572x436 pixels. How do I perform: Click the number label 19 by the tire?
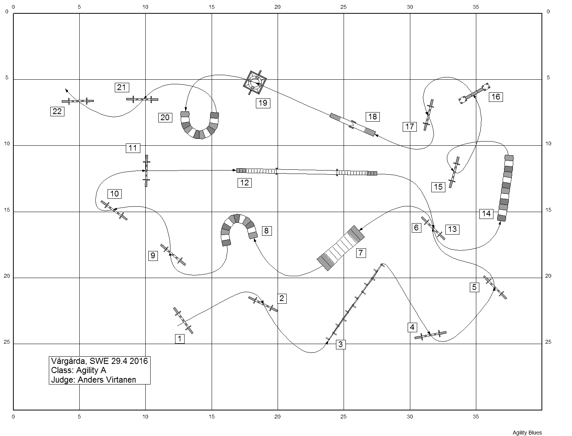263,103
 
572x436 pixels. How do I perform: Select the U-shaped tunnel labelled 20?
199,127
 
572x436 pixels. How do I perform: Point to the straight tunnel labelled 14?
505,188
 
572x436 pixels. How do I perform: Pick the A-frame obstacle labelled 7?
341,248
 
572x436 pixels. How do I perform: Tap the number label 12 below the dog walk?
244,182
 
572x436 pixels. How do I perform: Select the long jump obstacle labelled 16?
474,93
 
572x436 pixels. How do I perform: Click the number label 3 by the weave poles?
341,344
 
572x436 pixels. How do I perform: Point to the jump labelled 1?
183,320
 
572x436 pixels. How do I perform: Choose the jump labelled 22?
78,101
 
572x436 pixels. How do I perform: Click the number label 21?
121,87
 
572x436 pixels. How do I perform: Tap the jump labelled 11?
146,171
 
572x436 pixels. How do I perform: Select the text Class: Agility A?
79,370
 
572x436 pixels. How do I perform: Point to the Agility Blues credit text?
527,432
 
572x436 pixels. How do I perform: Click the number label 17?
410,127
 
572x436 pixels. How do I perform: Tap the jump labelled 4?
430,335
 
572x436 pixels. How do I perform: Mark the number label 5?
474,287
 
